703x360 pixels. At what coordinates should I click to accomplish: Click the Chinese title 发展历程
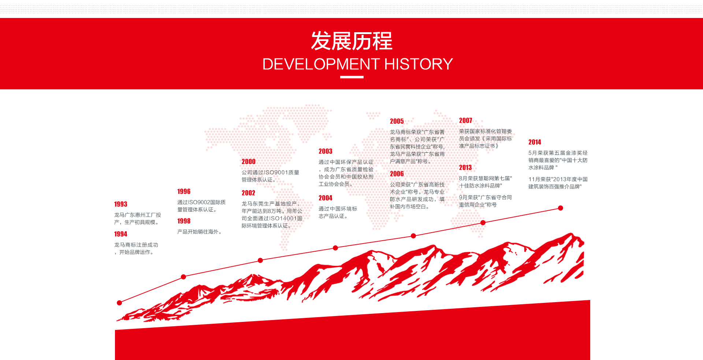(351, 41)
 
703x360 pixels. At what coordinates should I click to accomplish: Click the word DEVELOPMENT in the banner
(321, 64)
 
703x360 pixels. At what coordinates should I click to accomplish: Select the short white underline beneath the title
(351, 77)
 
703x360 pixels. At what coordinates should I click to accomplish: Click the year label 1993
(120, 204)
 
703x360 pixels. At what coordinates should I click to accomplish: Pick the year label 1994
(120, 234)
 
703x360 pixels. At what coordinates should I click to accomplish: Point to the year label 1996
(184, 191)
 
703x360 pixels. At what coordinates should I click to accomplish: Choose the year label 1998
(184, 221)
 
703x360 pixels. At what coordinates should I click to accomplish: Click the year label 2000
(248, 162)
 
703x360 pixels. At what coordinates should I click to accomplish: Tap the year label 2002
(248, 193)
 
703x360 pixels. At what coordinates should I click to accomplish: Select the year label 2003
(325, 151)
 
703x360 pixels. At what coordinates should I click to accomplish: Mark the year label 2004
(325, 198)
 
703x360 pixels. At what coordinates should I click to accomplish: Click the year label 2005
(397, 121)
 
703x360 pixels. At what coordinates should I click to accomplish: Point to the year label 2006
(397, 174)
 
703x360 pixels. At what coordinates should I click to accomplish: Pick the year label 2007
(465, 120)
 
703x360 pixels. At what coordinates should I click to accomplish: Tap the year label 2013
(465, 167)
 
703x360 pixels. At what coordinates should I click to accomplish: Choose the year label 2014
(535, 142)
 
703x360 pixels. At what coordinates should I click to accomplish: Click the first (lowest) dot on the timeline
(119, 303)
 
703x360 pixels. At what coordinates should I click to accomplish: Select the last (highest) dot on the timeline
(561, 208)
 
